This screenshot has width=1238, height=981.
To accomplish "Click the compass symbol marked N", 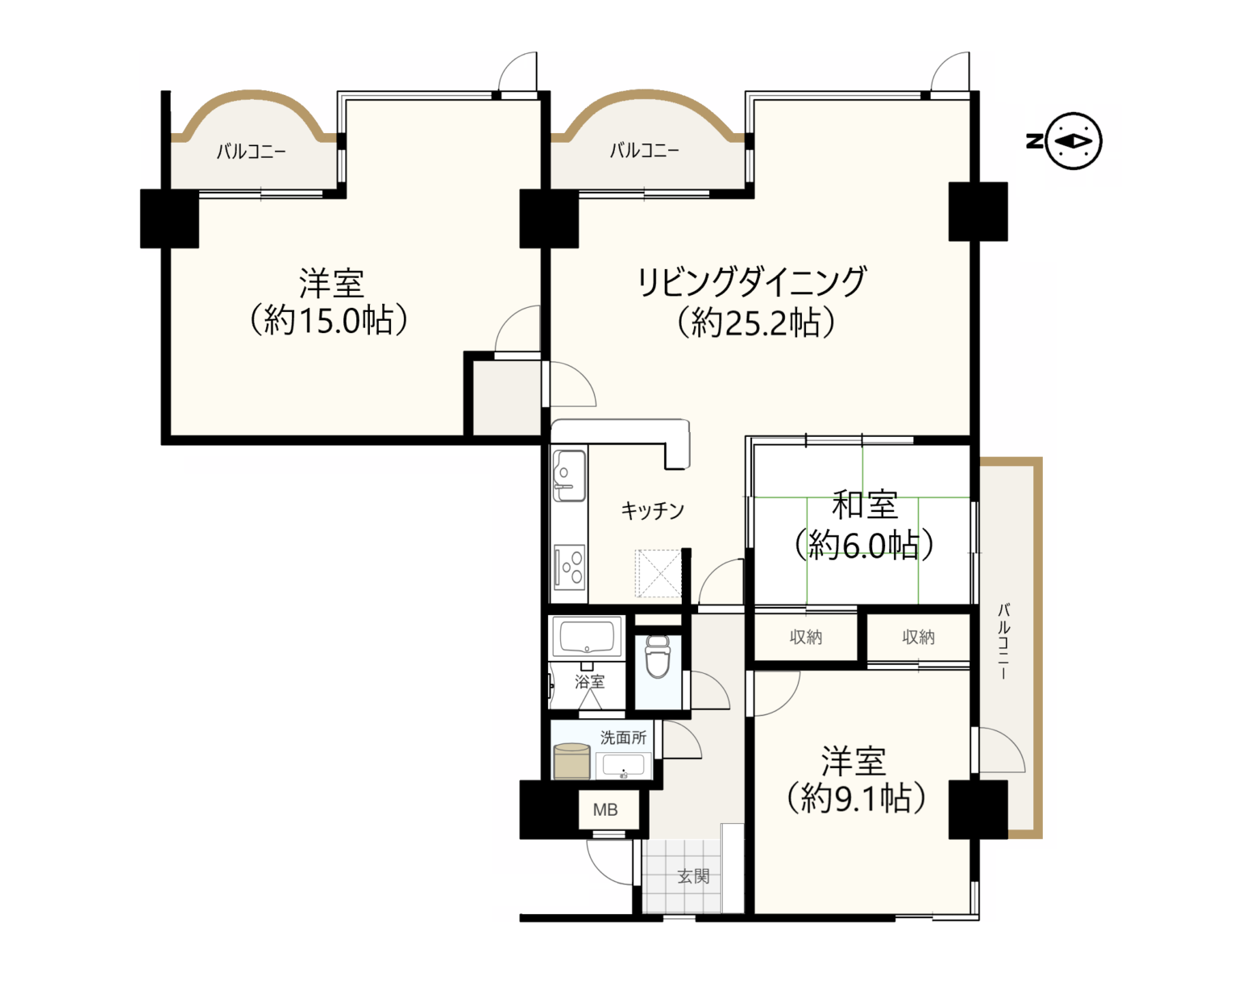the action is (x=1064, y=141).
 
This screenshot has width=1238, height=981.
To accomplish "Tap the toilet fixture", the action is (x=658, y=656).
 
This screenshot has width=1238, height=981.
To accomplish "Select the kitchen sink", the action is (x=569, y=476).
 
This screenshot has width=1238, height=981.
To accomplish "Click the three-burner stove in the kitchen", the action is (x=569, y=567).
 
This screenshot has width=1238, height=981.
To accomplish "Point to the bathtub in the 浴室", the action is (x=587, y=638).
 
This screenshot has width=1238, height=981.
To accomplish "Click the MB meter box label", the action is (x=605, y=810).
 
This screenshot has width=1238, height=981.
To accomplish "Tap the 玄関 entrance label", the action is (x=693, y=876).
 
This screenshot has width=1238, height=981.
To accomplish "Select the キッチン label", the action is (x=652, y=510).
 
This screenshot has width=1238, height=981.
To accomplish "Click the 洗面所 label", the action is (x=623, y=738).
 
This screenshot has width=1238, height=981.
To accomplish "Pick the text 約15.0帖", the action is (x=329, y=321).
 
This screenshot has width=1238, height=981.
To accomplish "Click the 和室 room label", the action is (x=865, y=504).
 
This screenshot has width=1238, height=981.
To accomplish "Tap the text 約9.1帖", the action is (x=855, y=799).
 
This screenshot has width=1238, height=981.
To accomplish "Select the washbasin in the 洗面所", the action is (x=624, y=766).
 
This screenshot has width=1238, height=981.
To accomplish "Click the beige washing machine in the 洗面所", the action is (x=571, y=761).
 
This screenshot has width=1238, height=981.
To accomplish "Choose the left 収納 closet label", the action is (x=805, y=637).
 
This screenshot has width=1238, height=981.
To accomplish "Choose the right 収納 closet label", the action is (x=918, y=637).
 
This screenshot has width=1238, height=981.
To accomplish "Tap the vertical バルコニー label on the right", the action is (x=1003, y=641).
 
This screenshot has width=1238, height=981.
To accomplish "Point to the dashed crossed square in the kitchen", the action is (x=658, y=574).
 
